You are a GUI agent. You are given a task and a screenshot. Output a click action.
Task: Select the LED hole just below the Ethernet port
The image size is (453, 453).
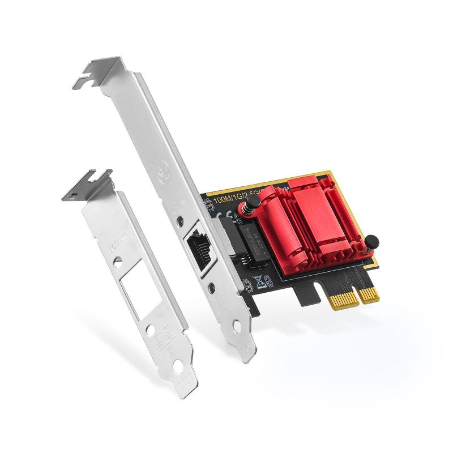(211, 288)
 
